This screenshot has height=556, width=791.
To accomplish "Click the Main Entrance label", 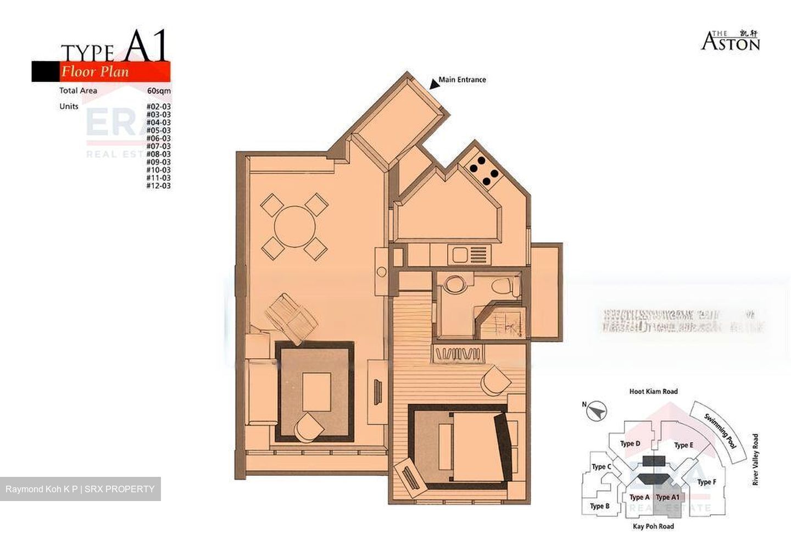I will pyautogui.click(x=462, y=80).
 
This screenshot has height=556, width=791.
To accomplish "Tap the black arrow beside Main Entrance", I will pyautogui.click(x=434, y=83).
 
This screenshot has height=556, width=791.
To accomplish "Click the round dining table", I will pyautogui.click(x=295, y=226).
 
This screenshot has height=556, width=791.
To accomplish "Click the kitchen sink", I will pyautogui.click(x=458, y=255).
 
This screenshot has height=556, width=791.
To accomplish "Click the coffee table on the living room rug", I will pyautogui.click(x=316, y=391).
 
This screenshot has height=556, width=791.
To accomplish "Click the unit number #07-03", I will pyautogui.click(x=158, y=146).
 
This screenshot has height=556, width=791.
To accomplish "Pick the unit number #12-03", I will pyautogui.click(x=158, y=186).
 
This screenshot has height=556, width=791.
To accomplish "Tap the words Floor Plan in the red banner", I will pyautogui.click(x=94, y=71).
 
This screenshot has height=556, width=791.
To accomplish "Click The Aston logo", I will pyautogui.click(x=730, y=41).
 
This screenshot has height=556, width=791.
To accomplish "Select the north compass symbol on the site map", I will pyautogui.click(x=595, y=410).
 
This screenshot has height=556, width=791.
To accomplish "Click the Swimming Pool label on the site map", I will pyautogui.click(x=720, y=432).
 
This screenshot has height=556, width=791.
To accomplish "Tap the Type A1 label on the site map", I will pyautogui.click(x=667, y=497).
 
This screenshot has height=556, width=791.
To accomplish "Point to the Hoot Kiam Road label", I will pyautogui.click(x=653, y=392).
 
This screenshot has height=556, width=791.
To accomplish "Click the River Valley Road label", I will pyautogui.click(x=755, y=460).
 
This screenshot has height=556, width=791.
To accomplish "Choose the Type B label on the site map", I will pyautogui.click(x=599, y=506).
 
